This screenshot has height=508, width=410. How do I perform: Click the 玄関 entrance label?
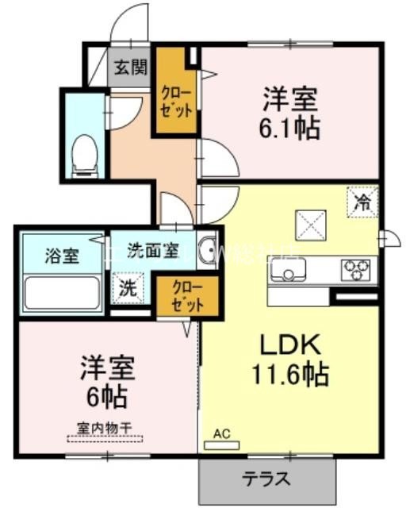pos(129,67)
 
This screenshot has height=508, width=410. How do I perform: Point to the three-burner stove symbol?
pos(358,271)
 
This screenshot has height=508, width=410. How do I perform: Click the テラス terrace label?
pos(265,479)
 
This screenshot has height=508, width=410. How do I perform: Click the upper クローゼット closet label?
pos(175,99)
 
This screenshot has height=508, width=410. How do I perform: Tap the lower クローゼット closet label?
pos(185,295)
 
